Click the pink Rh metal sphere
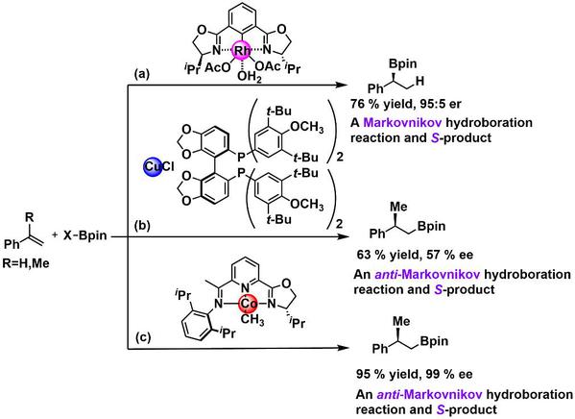(x=242, y=51)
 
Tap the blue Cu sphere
(x=153, y=167)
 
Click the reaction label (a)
(x=141, y=75)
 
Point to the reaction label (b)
(x=142, y=225)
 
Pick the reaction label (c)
(x=142, y=337)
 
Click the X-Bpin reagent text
(x=85, y=235)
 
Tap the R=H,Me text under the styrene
(x=26, y=263)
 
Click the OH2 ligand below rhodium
(x=249, y=77)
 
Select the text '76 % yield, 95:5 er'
(x=406, y=104)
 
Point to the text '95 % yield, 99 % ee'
(x=415, y=374)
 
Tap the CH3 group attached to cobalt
(x=252, y=319)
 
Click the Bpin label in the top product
(x=403, y=63)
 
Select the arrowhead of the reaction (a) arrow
(x=341, y=86)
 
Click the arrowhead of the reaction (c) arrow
(x=341, y=348)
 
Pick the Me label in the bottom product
(x=401, y=321)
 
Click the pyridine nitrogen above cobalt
(x=245, y=287)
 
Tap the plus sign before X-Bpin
(x=55, y=234)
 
